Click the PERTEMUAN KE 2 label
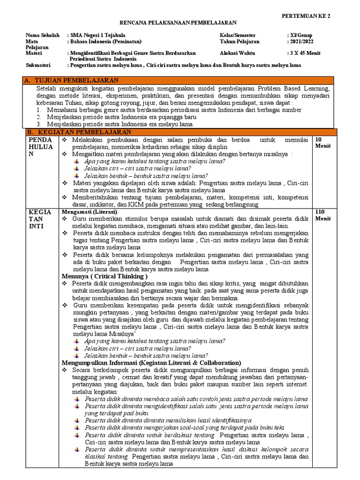coord(306,16)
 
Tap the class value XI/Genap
coord(301,35)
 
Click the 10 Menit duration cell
coord(322,143)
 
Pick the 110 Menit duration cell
coord(323,215)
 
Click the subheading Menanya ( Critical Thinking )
coord(105,277)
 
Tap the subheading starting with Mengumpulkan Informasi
coord(151,363)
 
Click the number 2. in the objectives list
coord(39,117)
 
